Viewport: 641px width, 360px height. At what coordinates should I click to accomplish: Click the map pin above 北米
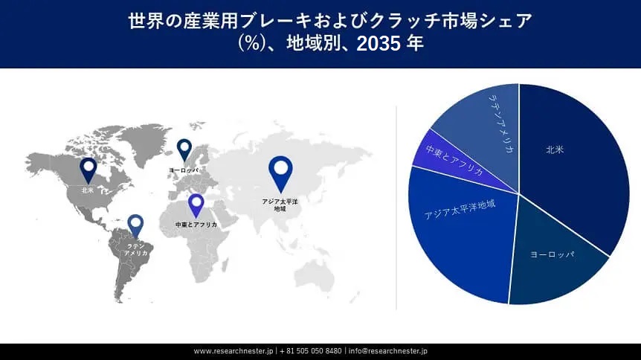[88, 169]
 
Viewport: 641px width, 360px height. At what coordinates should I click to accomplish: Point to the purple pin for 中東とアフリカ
[196, 203]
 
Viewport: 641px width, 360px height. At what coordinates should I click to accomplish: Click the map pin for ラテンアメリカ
[135, 224]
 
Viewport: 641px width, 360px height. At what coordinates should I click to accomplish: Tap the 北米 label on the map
[88, 190]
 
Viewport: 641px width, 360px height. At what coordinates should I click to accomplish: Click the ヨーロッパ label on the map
[184, 170]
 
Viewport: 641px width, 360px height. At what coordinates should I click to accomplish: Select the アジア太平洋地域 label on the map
[280, 205]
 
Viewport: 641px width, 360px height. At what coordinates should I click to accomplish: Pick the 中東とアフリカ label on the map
[196, 224]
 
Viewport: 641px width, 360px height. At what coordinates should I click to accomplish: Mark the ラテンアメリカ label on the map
[135, 249]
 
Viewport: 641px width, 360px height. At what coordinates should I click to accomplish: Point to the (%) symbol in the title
[251, 43]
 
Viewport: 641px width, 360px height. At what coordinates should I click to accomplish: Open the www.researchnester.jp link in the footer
[233, 351]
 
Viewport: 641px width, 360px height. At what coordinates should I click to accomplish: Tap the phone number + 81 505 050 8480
[310, 351]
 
